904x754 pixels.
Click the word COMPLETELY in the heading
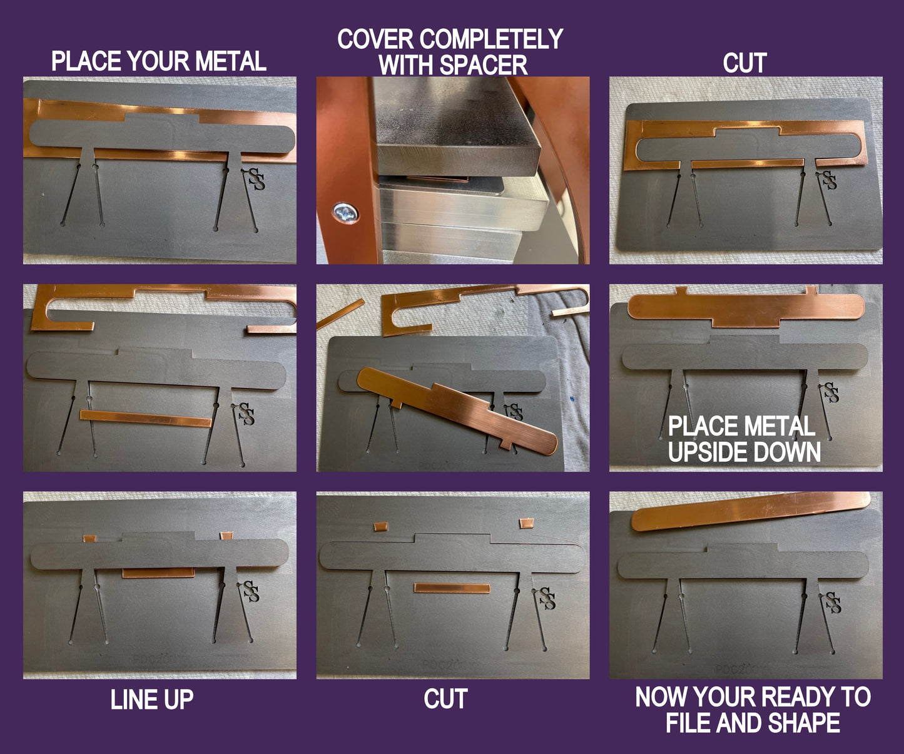tap(491, 39)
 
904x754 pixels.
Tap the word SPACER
tap(483, 66)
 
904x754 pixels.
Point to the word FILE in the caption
tap(689, 723)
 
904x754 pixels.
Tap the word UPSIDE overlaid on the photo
tap(705, 452)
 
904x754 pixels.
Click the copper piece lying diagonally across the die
tap(457, 410)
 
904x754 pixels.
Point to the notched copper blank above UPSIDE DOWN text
tap(746, 307)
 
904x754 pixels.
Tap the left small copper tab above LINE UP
tap(89, 538)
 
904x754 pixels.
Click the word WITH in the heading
tap(407, 66)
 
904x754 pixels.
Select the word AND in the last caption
tap(739, 723)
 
